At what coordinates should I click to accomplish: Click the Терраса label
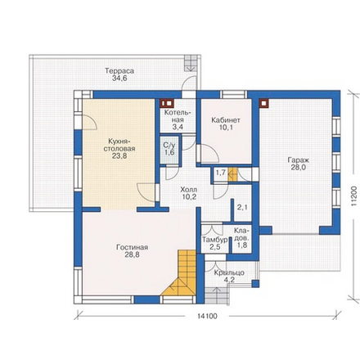click(x=119, y=71)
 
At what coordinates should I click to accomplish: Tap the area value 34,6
click(x=119, y=79)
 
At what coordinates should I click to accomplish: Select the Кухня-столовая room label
click(x=119, y=145)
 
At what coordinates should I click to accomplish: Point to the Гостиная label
click(x=133, y=247)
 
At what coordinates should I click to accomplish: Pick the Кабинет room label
click(x=226, y=120)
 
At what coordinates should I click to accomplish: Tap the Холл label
click(x=189, y=190)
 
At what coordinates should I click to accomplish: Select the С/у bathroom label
click(x=169, y=145)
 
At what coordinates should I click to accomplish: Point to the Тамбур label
click(x=215, y=240)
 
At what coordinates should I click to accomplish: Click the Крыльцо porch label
click(x=229, y=272)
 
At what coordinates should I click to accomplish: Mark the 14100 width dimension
click(x=208, y=316)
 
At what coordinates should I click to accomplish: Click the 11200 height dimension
click(x=353, y=196)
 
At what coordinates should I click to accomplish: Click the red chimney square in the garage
click(x=263, y=103)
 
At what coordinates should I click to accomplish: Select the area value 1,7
click(x=221, y=173)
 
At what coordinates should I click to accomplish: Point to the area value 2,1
click(x=242, y=207)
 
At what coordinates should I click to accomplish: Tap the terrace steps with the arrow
click(x=191, y=63)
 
